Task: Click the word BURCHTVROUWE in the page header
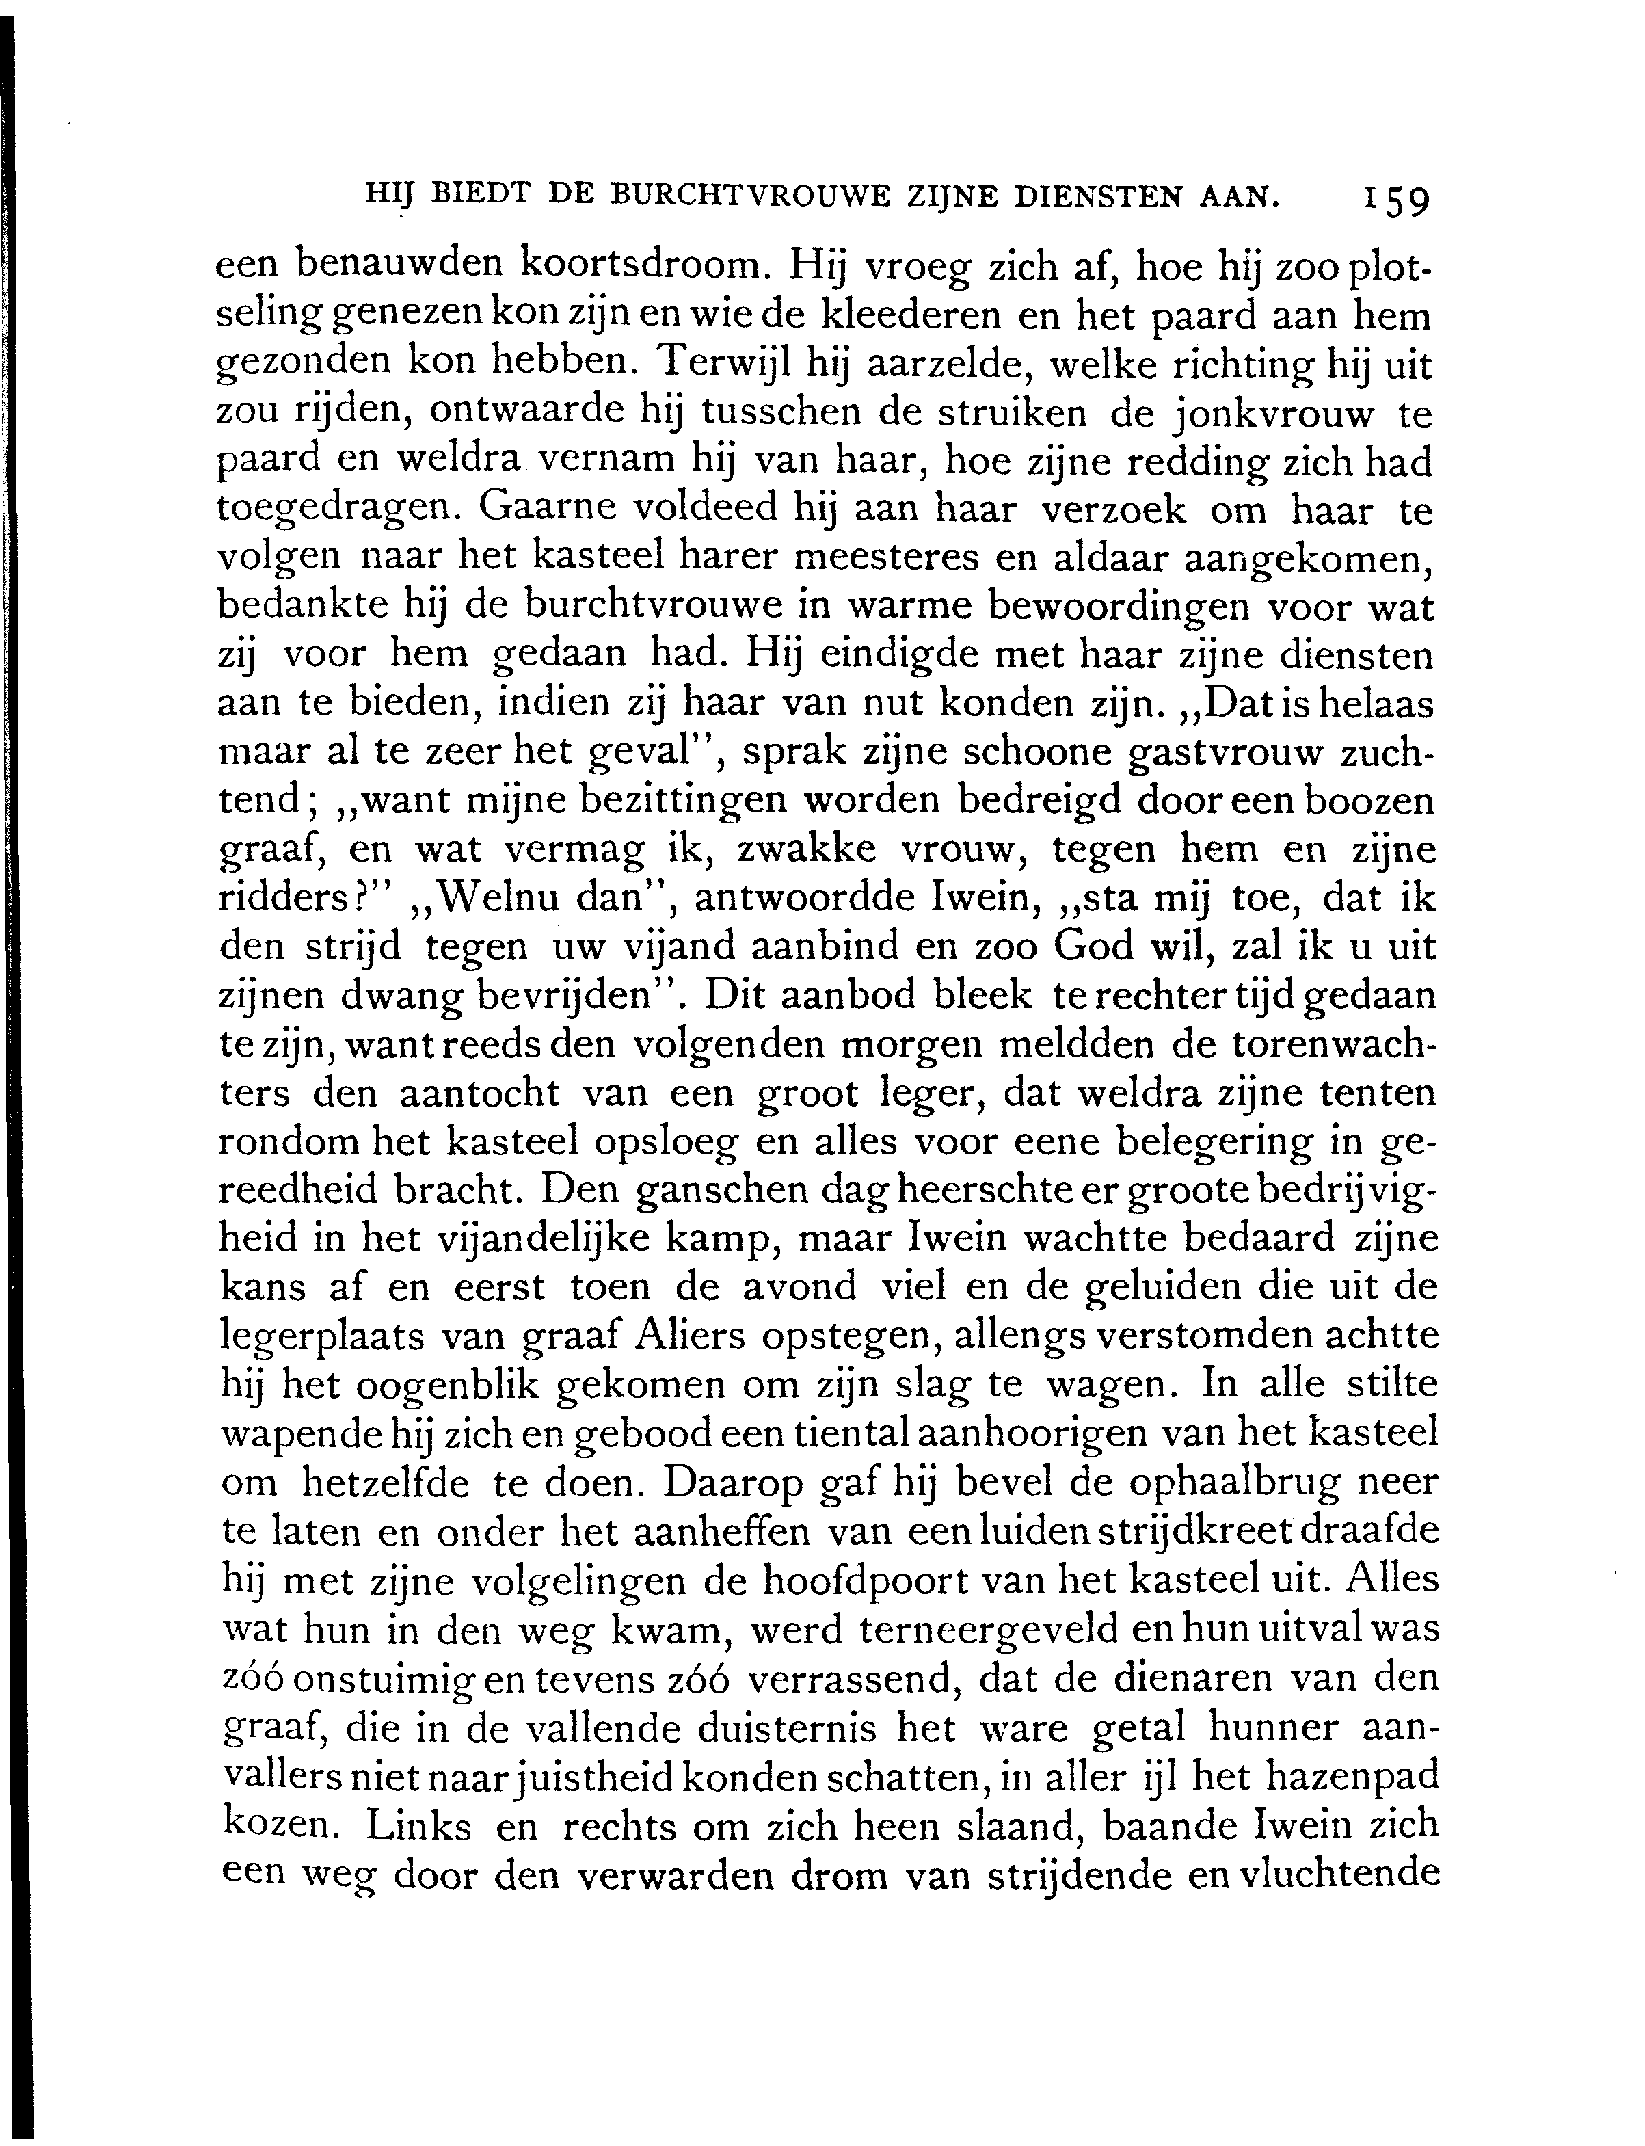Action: pyautogui.click(x=750, y=195)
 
